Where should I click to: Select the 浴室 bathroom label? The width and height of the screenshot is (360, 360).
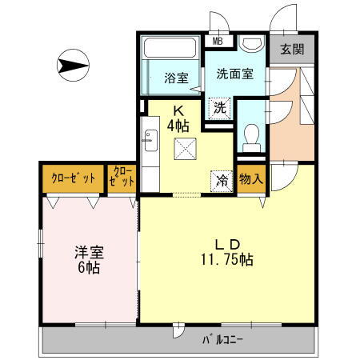177,78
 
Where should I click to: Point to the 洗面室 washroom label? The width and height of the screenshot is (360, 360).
235,74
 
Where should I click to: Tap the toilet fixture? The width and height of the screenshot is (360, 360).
250,137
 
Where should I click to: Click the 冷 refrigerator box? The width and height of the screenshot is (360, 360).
222,180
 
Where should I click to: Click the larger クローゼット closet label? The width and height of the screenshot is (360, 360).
72,178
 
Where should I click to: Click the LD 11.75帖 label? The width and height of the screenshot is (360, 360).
226,251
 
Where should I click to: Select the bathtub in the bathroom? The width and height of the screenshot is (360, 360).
156,68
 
